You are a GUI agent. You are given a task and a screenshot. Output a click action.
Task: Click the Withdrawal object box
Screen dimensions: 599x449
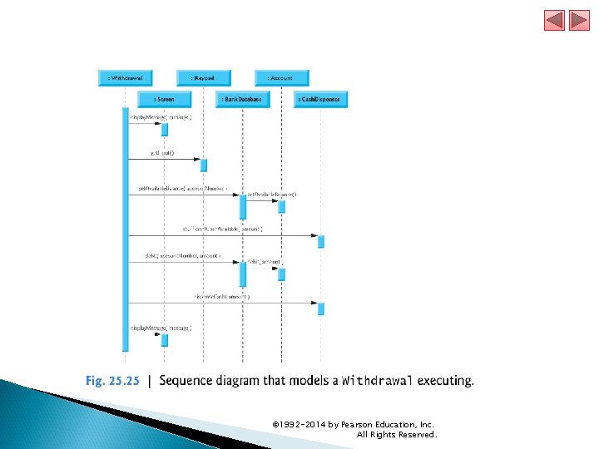[126, 77]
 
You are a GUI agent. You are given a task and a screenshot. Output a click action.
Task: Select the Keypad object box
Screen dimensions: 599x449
[203, 77]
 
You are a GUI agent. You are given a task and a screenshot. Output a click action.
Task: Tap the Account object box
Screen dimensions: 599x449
[281, 77]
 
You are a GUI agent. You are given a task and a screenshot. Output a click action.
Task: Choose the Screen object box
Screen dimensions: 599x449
[164, 99]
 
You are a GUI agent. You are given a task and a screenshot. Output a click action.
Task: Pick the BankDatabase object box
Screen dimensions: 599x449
[242, 99]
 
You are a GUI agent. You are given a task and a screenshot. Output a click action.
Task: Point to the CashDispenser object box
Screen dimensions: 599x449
[320, 99]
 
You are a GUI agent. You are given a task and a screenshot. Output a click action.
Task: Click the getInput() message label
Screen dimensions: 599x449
[162, 153]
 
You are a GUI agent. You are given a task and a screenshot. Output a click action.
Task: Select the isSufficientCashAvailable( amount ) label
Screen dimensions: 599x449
[222, 229]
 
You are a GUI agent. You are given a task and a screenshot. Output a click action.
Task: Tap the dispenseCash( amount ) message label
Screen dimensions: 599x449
[221, 296]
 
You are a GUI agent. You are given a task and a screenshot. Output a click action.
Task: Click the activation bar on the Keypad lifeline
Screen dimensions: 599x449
[204, 165]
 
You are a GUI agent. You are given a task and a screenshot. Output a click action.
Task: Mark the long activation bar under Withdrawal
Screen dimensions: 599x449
[126, 233]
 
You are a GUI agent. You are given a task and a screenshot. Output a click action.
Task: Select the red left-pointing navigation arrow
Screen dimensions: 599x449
[555, 20]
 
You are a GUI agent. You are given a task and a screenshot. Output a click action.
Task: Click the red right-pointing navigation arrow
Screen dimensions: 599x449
[579, 20]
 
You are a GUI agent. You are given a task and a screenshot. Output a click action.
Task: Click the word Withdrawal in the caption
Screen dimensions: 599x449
[377, 382]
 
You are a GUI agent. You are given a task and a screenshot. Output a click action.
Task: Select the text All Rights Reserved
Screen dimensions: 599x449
[396, 435]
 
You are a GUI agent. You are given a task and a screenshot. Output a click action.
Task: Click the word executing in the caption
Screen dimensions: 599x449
[445, 382]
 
